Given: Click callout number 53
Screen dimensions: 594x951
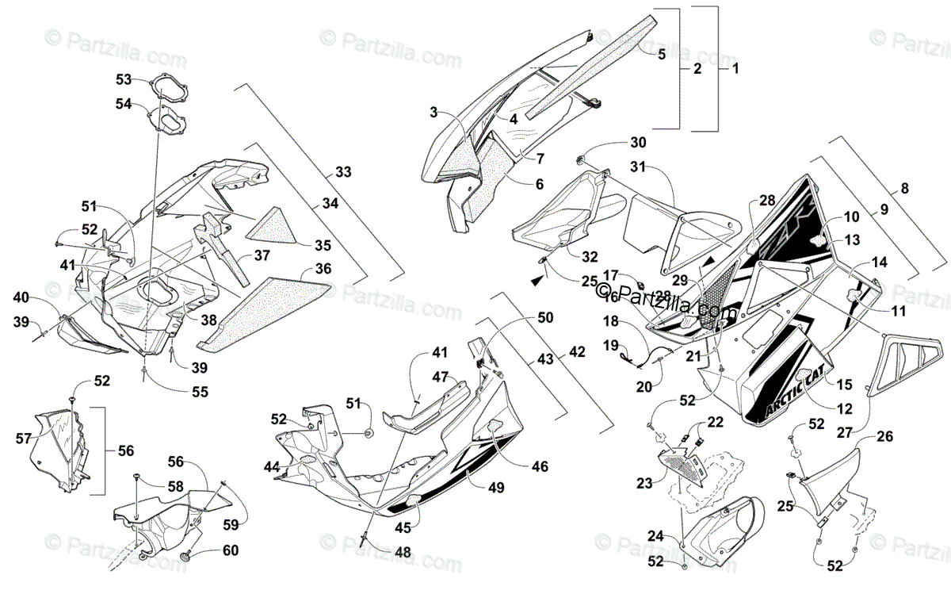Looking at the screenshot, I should pos(124,79).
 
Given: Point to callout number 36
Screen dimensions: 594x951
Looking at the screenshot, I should pos(322,269).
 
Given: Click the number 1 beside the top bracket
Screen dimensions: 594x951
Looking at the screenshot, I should pos(734,68).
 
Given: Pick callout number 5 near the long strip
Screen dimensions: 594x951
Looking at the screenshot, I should pos(661,54).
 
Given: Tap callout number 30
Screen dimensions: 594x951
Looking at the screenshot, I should pos(638,143).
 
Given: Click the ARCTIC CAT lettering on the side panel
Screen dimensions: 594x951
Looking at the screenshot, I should pos(795,397).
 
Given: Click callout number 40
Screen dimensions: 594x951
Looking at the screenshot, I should pos(21,297).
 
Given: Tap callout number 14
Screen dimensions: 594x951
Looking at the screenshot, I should pos(880,262).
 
